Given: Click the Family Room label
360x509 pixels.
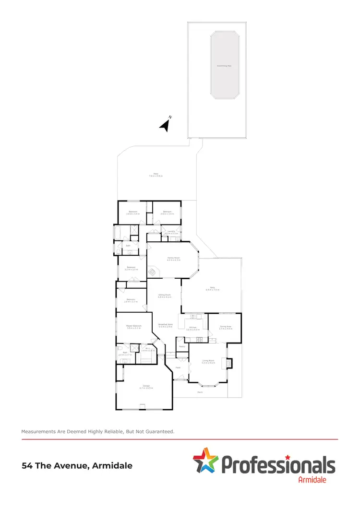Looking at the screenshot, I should click(x=174, y=259).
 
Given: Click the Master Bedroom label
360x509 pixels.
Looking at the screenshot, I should click(x=134, y=327).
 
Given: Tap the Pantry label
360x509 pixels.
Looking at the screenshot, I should click(x=182, y=346).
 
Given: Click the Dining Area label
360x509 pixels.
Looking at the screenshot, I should click(x=226, y=328).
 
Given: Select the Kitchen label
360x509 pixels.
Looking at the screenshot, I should click(x=192, y=328).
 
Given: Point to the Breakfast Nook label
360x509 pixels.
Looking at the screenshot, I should click(x=166, y=326).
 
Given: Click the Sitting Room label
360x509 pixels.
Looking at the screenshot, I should click(x=164, y=296).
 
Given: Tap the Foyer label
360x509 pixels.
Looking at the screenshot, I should click(x=178, y=367).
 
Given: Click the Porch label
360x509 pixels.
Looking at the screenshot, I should click(x=200, y=392).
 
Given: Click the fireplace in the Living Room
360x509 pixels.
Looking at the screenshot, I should click(x=229, y=363).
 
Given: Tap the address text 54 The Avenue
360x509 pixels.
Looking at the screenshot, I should click(x=77, y=465).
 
